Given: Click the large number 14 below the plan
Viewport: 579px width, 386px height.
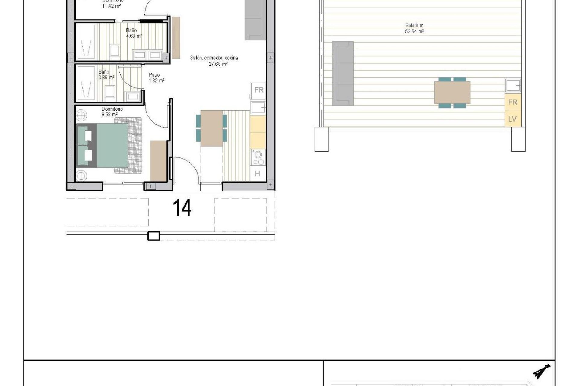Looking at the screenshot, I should coord(182,208).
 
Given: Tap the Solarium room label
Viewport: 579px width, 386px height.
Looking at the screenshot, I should coord(414,26).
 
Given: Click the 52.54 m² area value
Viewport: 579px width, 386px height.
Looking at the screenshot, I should coord(414,31).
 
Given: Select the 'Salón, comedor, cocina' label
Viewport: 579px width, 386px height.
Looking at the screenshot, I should coord(214,58).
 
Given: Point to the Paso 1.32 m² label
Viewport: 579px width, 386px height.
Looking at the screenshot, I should coord(156,78).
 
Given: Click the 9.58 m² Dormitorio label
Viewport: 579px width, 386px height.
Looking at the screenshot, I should coord(112,112).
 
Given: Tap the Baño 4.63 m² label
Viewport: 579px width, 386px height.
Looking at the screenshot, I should coord(133,33).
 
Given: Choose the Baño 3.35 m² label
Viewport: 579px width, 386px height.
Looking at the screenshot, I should coord(106,74).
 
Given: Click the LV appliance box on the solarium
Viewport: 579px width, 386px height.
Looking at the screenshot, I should coord(512,119).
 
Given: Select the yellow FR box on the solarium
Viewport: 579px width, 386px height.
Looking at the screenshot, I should coord(512,102).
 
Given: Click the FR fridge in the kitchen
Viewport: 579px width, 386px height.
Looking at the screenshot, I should coord(259,90).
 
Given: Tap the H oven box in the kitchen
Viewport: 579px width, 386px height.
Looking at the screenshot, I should coord(258,174).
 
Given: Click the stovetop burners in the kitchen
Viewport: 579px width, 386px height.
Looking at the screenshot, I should coord(258,158).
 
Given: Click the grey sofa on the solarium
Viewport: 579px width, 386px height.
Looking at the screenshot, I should coord(343,73).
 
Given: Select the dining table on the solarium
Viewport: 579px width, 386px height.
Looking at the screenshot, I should coord(452,92).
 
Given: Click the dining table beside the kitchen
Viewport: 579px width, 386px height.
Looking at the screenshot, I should coord(211,128).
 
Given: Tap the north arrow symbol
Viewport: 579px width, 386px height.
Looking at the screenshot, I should coord(542,371).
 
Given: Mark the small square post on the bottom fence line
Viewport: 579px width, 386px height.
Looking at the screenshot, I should coord(153,236).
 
